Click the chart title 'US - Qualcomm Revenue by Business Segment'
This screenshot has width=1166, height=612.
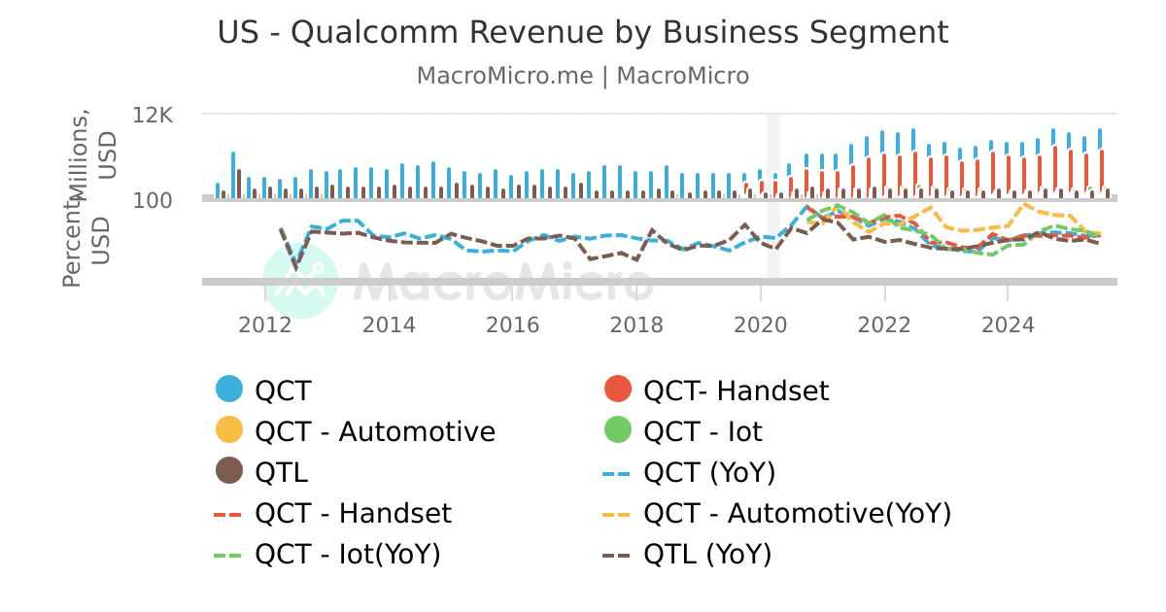point(583,32)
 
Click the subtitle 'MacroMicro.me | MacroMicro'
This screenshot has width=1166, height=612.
point(583,76)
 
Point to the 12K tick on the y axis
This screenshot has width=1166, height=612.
point(153,115)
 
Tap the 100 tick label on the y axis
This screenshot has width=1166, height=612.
point(154,200)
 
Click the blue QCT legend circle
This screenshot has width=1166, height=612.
point(229,390)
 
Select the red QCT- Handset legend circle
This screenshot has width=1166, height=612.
point(618,390)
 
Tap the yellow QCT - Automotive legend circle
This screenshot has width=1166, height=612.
point(229,430)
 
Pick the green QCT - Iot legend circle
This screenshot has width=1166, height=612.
point(618,430)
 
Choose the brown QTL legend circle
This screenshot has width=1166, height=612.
point(229,471)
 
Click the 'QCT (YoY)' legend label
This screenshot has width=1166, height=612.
point(709,472)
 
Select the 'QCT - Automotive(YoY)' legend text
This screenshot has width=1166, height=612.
point(797,513)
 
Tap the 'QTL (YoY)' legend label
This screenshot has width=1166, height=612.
point(707,554)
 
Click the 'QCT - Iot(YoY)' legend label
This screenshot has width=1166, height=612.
point(348,554)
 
